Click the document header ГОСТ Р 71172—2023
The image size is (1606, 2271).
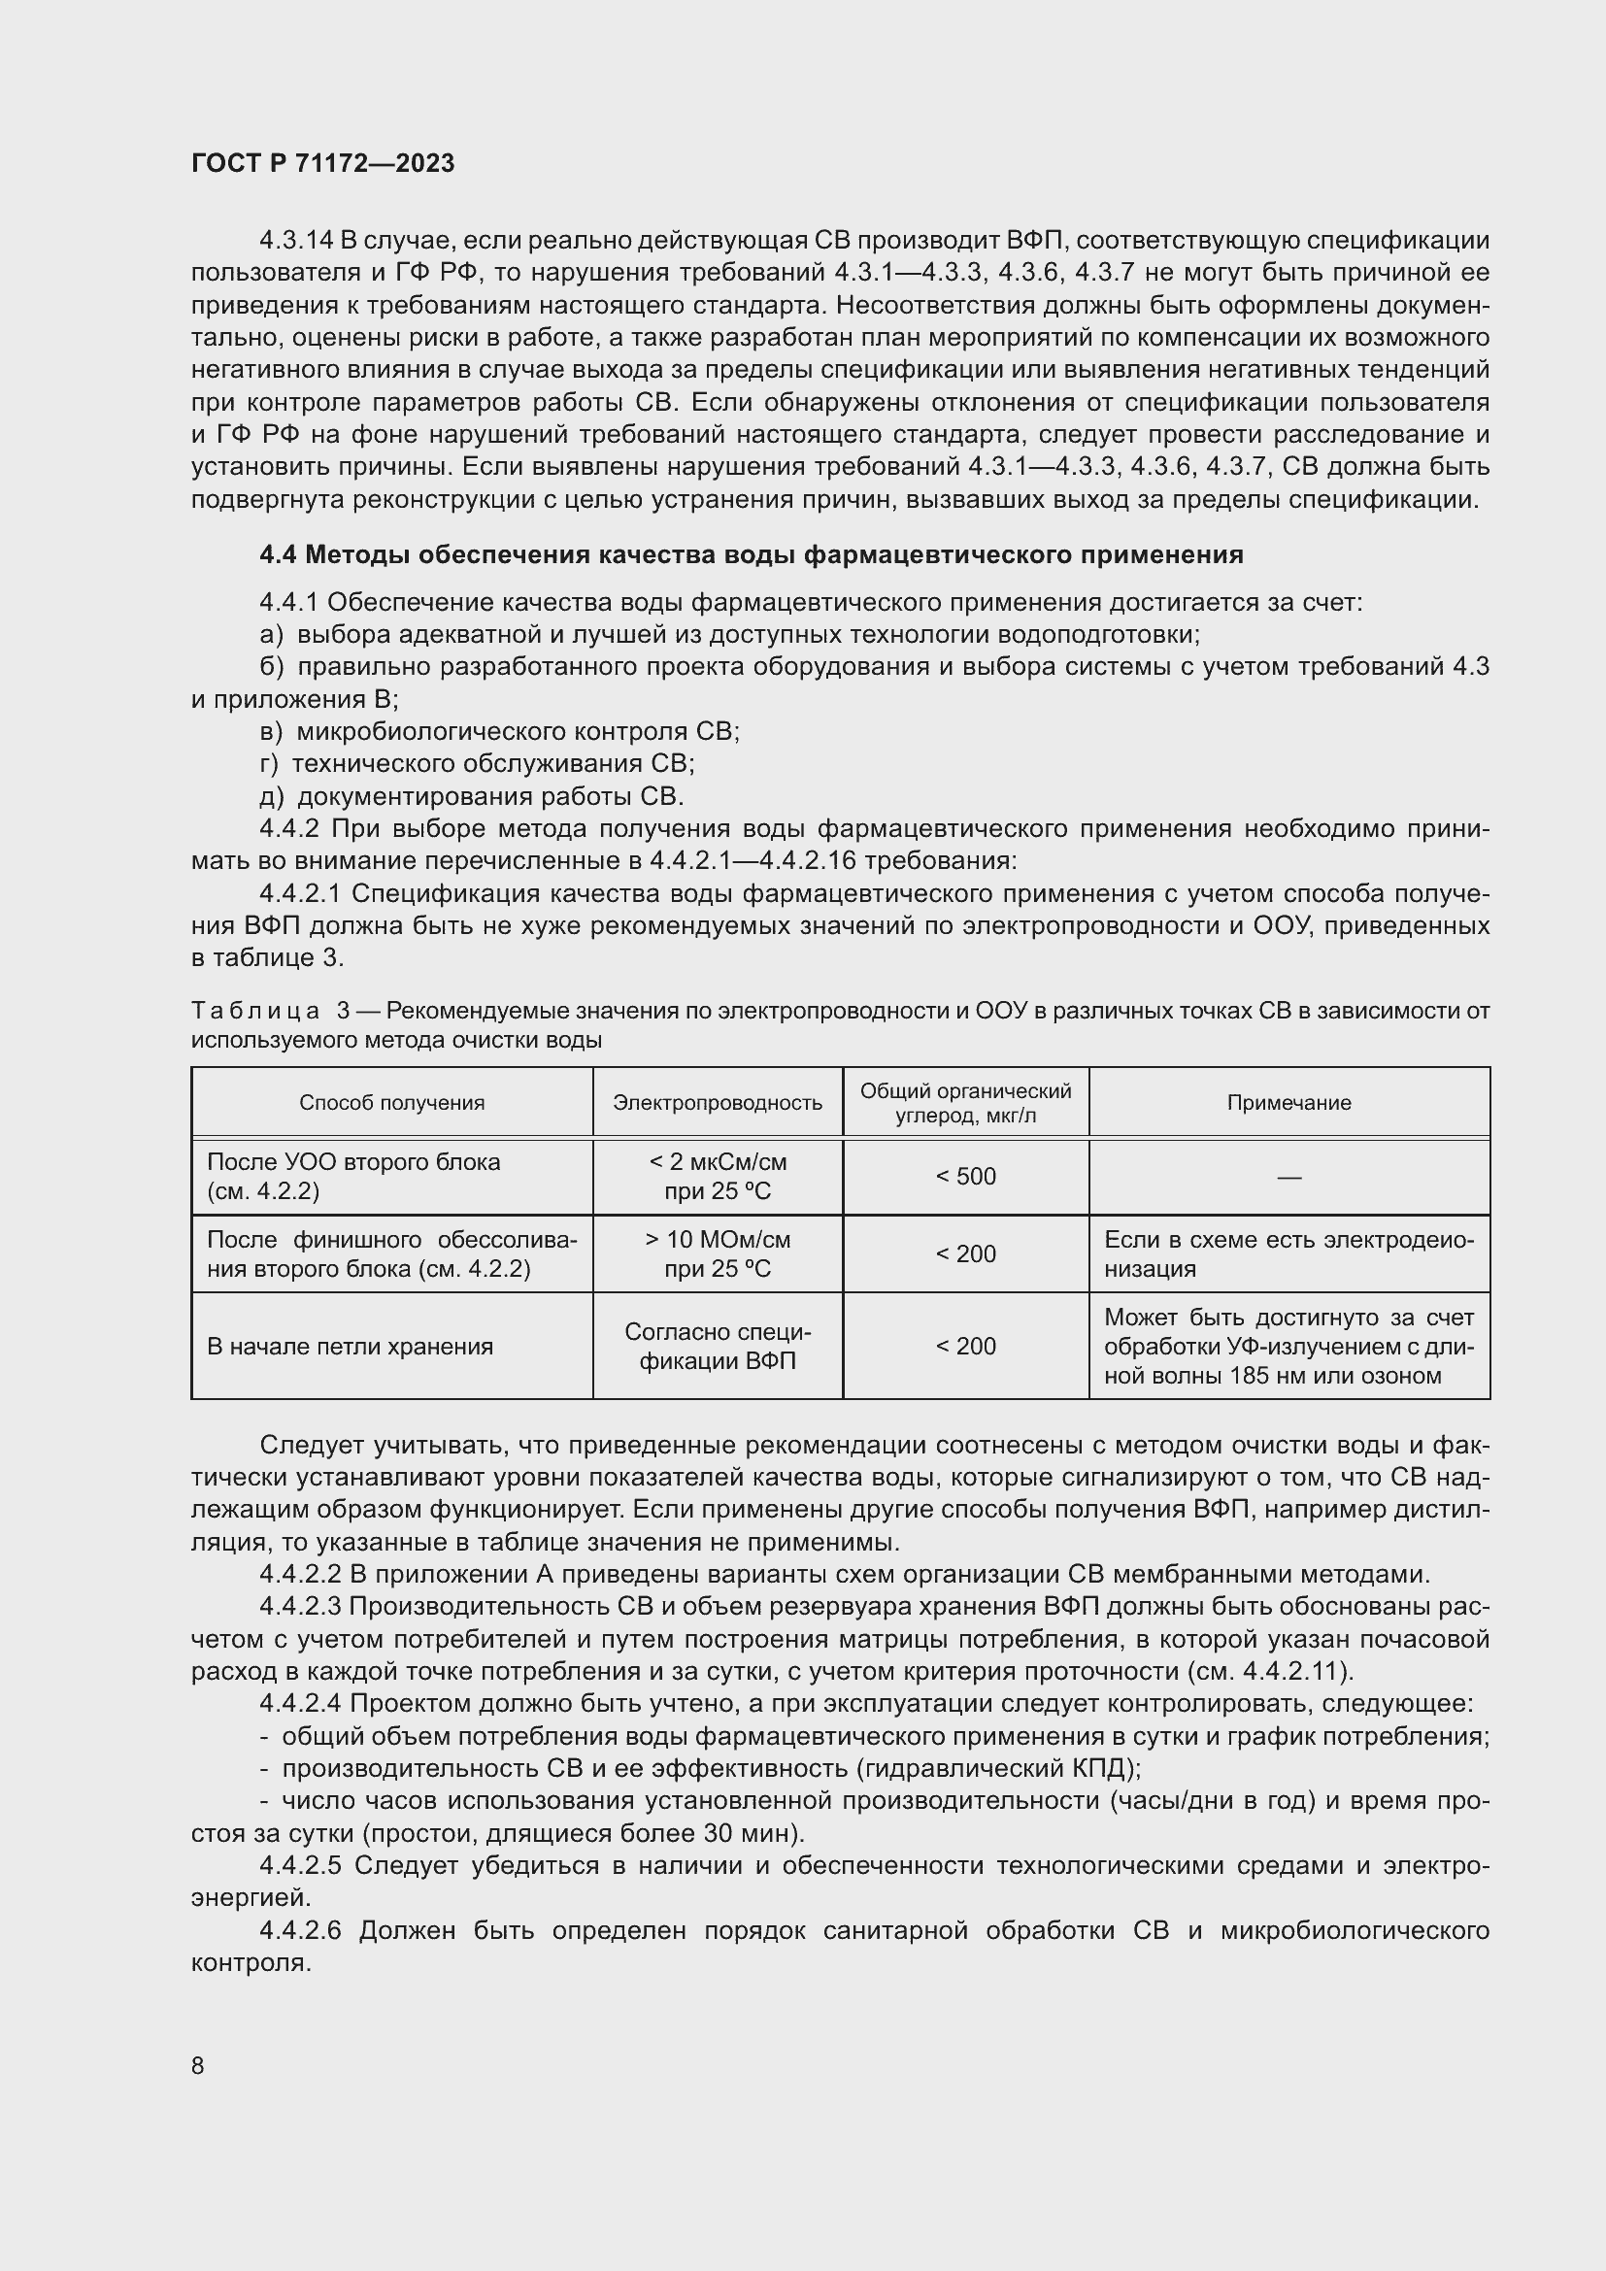coord(322,163)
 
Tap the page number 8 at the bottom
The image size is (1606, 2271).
coord(198,2065)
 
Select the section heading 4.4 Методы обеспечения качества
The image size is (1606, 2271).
coord(751,555)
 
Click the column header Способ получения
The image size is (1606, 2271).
coord(391,1103)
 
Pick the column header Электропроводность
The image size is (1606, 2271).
coord(717,1103)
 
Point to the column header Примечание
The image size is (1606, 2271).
coord(1288,1103)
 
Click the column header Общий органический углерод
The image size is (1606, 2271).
coord(965,1103)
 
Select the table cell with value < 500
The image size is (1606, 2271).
coord(965,1177)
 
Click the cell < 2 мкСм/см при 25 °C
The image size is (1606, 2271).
coord(717,1177)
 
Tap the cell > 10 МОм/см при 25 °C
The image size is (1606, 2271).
coord(717,1254)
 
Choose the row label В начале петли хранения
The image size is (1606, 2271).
coord(350,1346)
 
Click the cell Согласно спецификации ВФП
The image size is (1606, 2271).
coord(717,1346)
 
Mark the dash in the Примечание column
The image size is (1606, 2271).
coord(1288,1177)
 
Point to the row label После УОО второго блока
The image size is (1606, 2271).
coord(353,1163)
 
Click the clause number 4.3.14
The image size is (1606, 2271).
coord(296,241)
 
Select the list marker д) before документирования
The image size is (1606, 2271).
coord(272,797)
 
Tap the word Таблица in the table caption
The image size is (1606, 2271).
coord(255,1011)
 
